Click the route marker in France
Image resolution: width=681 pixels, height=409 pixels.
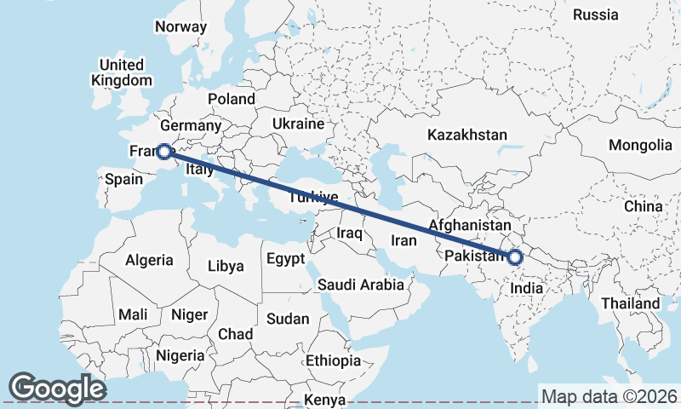pos(164,152)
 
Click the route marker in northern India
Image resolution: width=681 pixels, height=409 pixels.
pos(514,256)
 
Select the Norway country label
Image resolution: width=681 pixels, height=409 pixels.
pos(180,26)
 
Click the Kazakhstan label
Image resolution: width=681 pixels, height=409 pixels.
pos(467,135)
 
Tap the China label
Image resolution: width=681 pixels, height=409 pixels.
pos(643,206)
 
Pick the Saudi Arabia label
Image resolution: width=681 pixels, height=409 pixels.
pos(361,285)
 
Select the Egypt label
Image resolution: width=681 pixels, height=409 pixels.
pos(285,259)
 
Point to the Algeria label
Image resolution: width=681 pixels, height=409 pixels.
pos(149,260)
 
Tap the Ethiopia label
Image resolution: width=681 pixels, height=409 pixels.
pos(333,360)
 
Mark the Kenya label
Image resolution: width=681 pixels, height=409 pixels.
pos(324,399)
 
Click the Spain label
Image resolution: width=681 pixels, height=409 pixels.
pos(123,180)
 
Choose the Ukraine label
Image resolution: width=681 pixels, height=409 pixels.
pos(298,124)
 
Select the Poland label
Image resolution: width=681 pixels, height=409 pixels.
pos(232,99)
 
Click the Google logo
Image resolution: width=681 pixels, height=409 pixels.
pos(57,388)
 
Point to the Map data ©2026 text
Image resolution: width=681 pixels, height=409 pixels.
pos(609,396)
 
